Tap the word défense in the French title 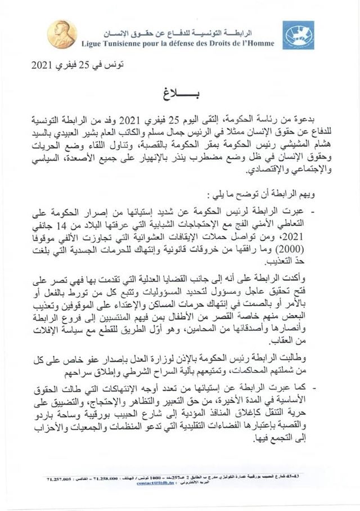coord(184,43)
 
